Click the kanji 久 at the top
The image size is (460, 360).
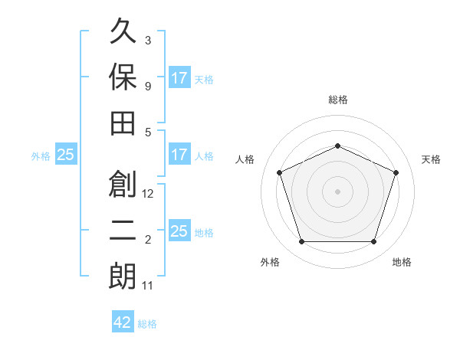[123, 31]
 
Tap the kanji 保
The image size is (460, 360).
[123, 77]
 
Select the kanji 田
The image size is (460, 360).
[123, 123]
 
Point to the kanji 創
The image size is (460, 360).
[123, 184]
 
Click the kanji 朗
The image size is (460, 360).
[123, 276]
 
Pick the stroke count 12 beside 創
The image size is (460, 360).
[147, 194]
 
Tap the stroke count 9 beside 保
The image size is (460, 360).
[148, 87]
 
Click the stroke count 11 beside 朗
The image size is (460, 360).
[147, 286]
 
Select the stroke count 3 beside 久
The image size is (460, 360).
[148, 40]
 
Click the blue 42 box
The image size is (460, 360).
[123, 321]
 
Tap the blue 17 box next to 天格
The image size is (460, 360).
[180, 77]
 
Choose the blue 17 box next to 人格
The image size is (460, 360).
[180, 154]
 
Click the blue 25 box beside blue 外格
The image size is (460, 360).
[66, 154]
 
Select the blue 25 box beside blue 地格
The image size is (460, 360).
[180, 230]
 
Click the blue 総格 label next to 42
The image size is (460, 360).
[147, 324]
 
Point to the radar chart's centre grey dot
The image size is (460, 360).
[337, 191]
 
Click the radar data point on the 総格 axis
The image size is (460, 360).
[337, 146]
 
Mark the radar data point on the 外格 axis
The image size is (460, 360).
[301, 241]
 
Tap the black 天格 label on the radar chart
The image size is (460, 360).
[431, 159]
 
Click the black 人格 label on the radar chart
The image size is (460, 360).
[245, 159]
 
